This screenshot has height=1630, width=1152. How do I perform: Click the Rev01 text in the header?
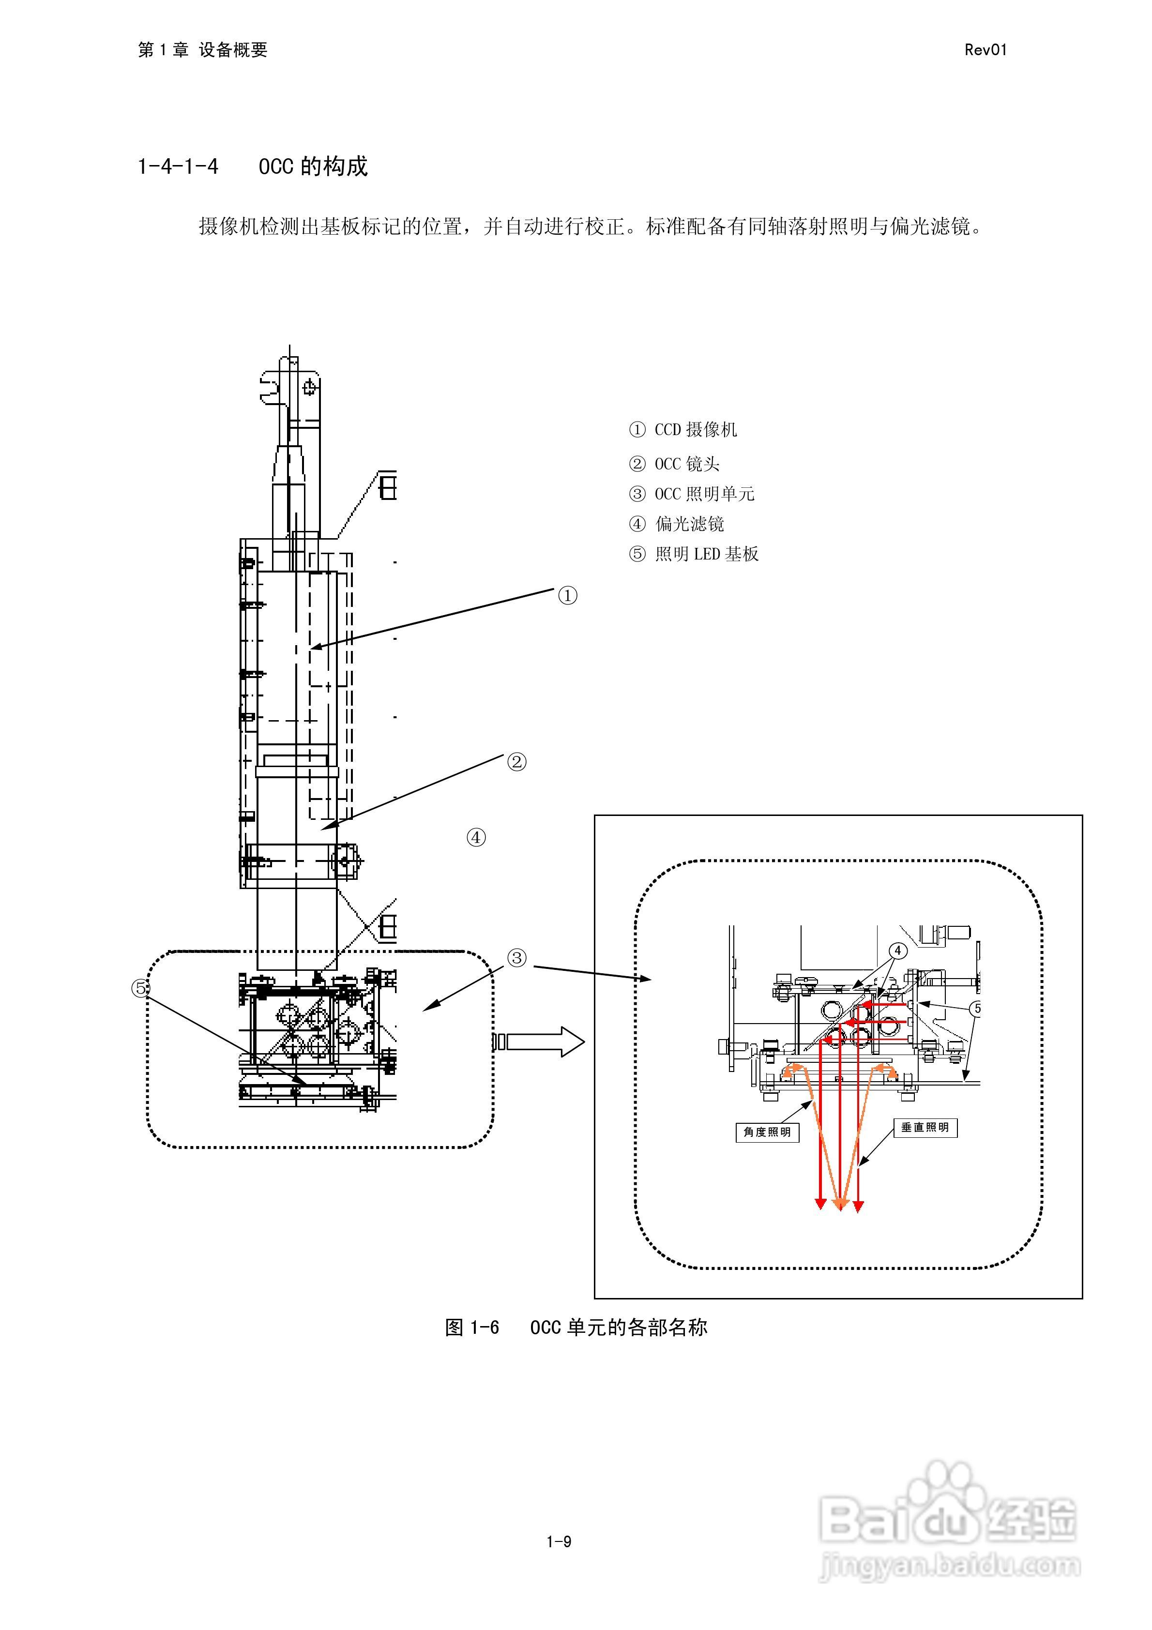(985, 50)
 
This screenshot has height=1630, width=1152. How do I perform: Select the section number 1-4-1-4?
(178, 167)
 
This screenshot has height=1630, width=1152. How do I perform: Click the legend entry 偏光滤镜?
(676, 524)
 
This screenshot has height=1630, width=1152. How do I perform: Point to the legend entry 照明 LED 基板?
(693, 554)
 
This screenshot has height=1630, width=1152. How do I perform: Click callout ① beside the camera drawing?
(567, 595)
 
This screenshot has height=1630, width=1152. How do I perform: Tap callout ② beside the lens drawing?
(516, 762)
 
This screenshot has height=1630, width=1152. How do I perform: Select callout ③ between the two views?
(516, 958)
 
